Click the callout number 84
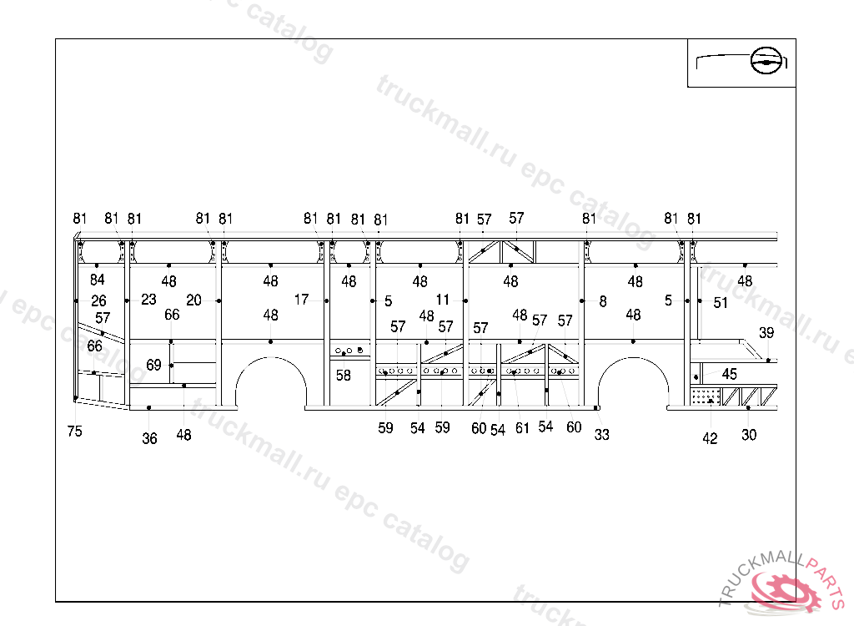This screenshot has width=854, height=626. click(x=98, y=280)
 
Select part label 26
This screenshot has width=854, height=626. click(x=98, y=300)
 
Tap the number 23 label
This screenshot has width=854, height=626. click(x=148, y=300)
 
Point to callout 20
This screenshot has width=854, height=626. click(x=193, y=300)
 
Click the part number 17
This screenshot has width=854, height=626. click(x=301, y=299)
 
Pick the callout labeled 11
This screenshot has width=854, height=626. click(x=442, y=300)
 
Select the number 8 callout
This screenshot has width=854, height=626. click(x=603, y=302)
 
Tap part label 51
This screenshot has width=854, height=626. click(x=721, y=303)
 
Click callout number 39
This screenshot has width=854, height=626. click(x=766, y=333)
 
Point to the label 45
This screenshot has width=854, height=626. click(x=730, y=374)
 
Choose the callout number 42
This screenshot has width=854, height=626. click(x=710, y=439)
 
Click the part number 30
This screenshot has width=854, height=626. click(x=749, y=435)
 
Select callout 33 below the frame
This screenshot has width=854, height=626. click(x=601, y=435)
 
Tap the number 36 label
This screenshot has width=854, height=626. click(x=149, y=439)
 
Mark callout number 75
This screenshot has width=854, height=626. click(x=75, y=432)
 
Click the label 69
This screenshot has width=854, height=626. click(x=153, y=365)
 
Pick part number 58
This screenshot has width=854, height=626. click(x=344, y=376)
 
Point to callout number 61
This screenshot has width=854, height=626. click(x=522, y=428)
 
